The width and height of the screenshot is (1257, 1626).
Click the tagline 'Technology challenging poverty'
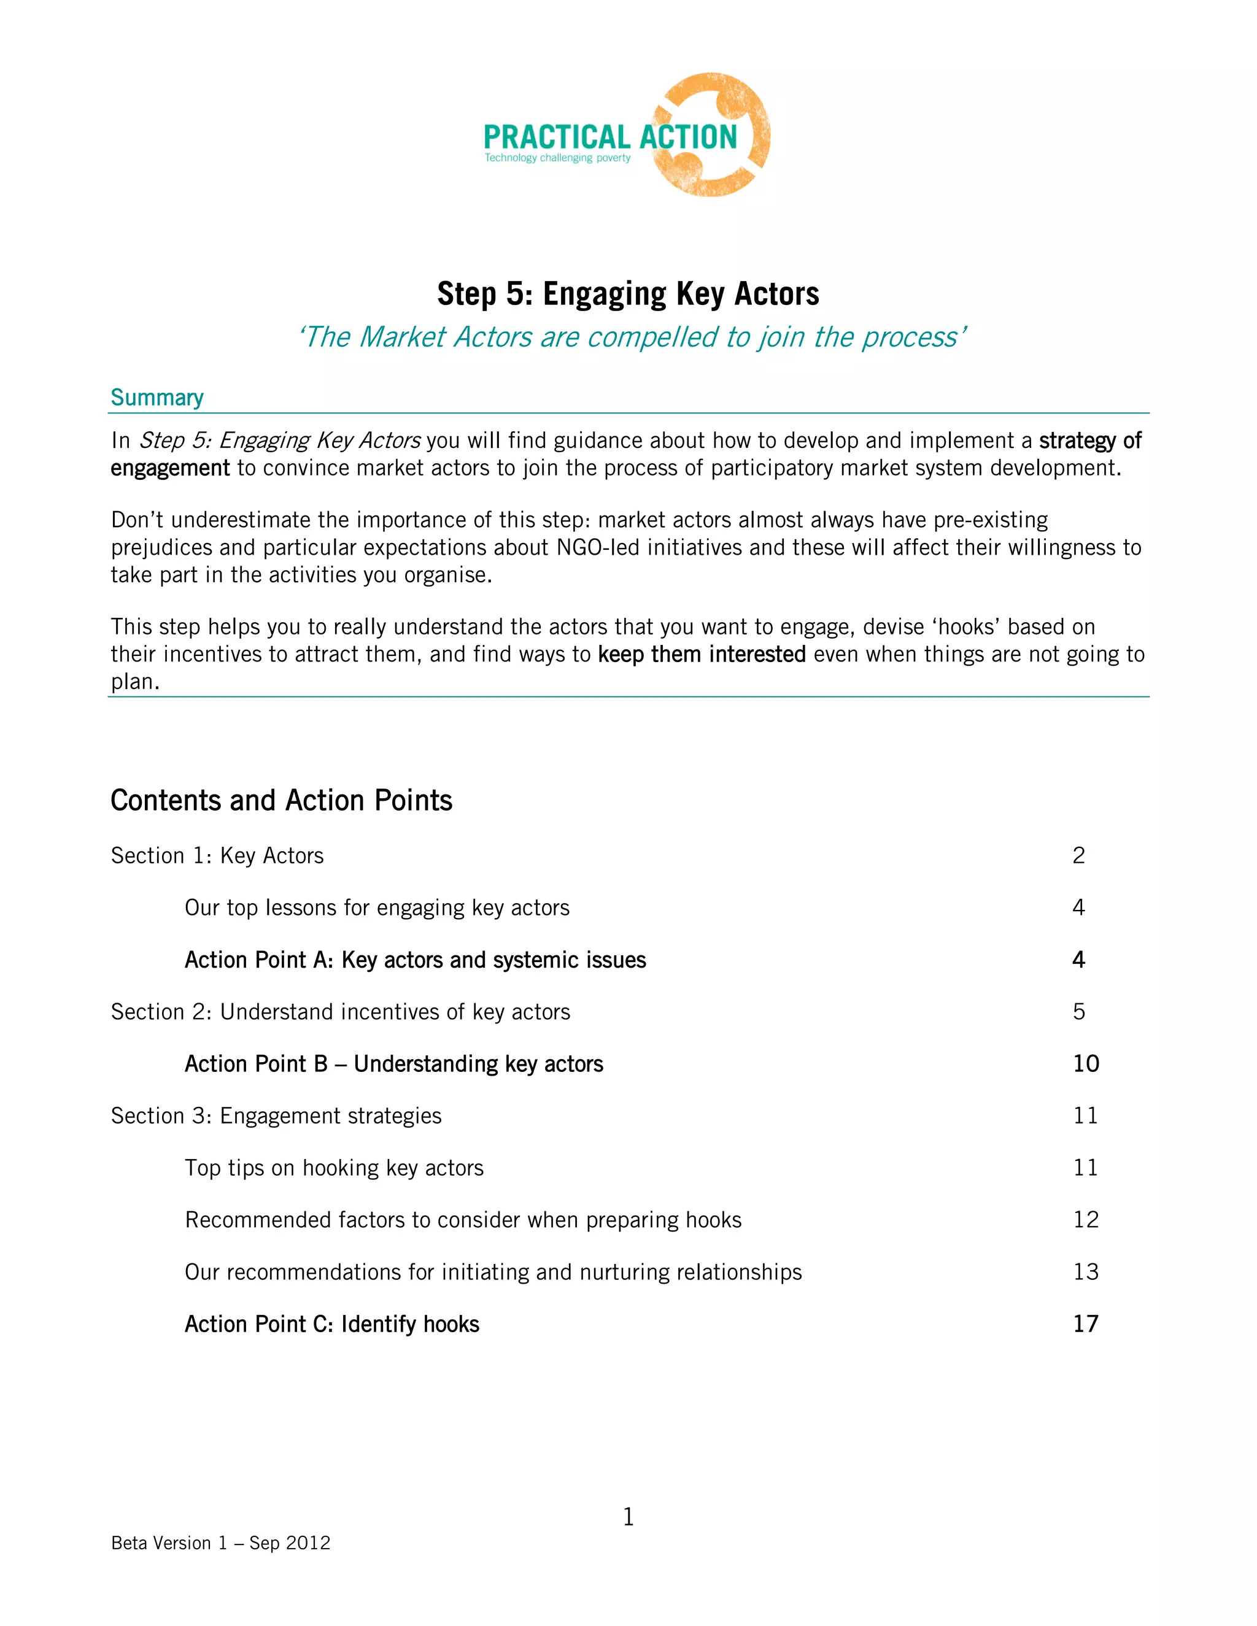(x=557, y=158)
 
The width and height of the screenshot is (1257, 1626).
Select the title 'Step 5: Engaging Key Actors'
(x=628, y=293)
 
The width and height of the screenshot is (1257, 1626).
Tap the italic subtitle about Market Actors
(x=632, y=337)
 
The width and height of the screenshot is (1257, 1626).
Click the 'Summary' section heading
(x=157, y=398)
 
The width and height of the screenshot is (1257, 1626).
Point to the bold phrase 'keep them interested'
(x=702, y=655)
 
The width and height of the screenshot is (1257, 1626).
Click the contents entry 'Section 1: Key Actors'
(x=217, y=856)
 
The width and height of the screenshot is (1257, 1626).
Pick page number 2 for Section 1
(x=1078, y=855)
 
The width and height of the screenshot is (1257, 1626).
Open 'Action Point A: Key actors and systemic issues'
(x=415, y=960)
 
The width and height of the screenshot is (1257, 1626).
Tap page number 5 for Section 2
(x=1078, y=1012)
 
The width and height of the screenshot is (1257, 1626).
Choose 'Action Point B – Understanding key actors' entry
(x=394, y=1065)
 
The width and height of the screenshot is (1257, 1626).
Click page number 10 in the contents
(x=1086, y=1064)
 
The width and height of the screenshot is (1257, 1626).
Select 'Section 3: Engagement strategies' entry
(x=276, y=1116)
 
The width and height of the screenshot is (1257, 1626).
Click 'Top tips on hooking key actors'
(x=334, y=1168)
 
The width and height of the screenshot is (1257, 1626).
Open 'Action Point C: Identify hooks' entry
(x=331, y=1325)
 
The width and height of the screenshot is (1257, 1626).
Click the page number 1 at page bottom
(x=628, y=1517)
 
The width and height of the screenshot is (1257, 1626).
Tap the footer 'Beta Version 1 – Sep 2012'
(x=220, y=1543)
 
